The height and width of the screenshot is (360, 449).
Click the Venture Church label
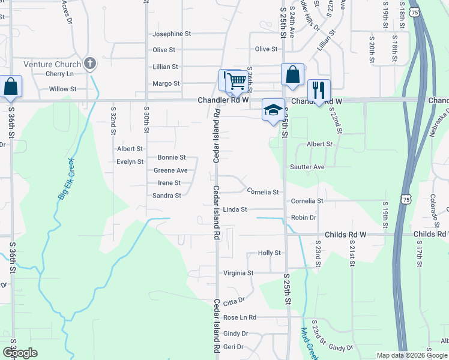52,64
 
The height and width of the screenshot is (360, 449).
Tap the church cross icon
90,63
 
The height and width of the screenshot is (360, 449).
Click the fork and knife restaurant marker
319,90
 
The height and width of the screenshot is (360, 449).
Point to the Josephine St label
171,34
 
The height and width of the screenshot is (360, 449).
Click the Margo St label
166,83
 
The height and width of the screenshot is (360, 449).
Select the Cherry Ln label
59,74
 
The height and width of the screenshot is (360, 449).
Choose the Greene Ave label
170,170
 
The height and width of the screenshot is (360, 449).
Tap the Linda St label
235,209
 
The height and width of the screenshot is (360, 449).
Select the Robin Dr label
303,217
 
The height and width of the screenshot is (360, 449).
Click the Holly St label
269,253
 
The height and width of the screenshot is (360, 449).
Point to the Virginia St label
238,273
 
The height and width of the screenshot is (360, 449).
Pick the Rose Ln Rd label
240,317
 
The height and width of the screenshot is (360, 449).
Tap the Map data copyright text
412,355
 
